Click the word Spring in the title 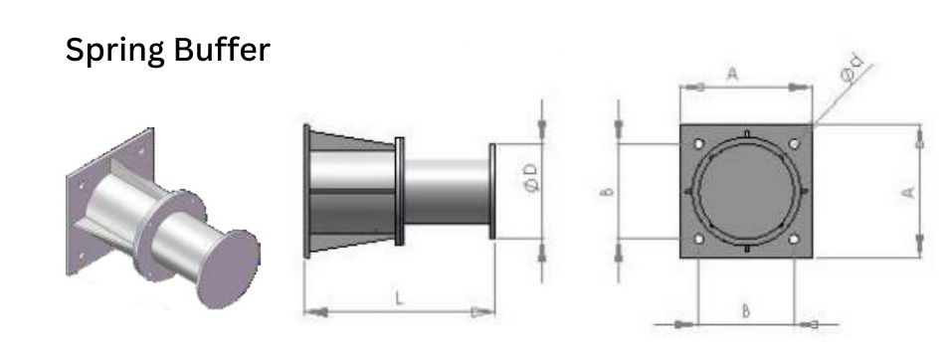coord(114,51)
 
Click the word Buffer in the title coord(222,49)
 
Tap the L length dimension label coord(399,297)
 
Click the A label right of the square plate coord(907,192)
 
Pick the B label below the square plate coord(746,311)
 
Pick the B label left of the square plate coord(609,192)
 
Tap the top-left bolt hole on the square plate coord(699,144)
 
